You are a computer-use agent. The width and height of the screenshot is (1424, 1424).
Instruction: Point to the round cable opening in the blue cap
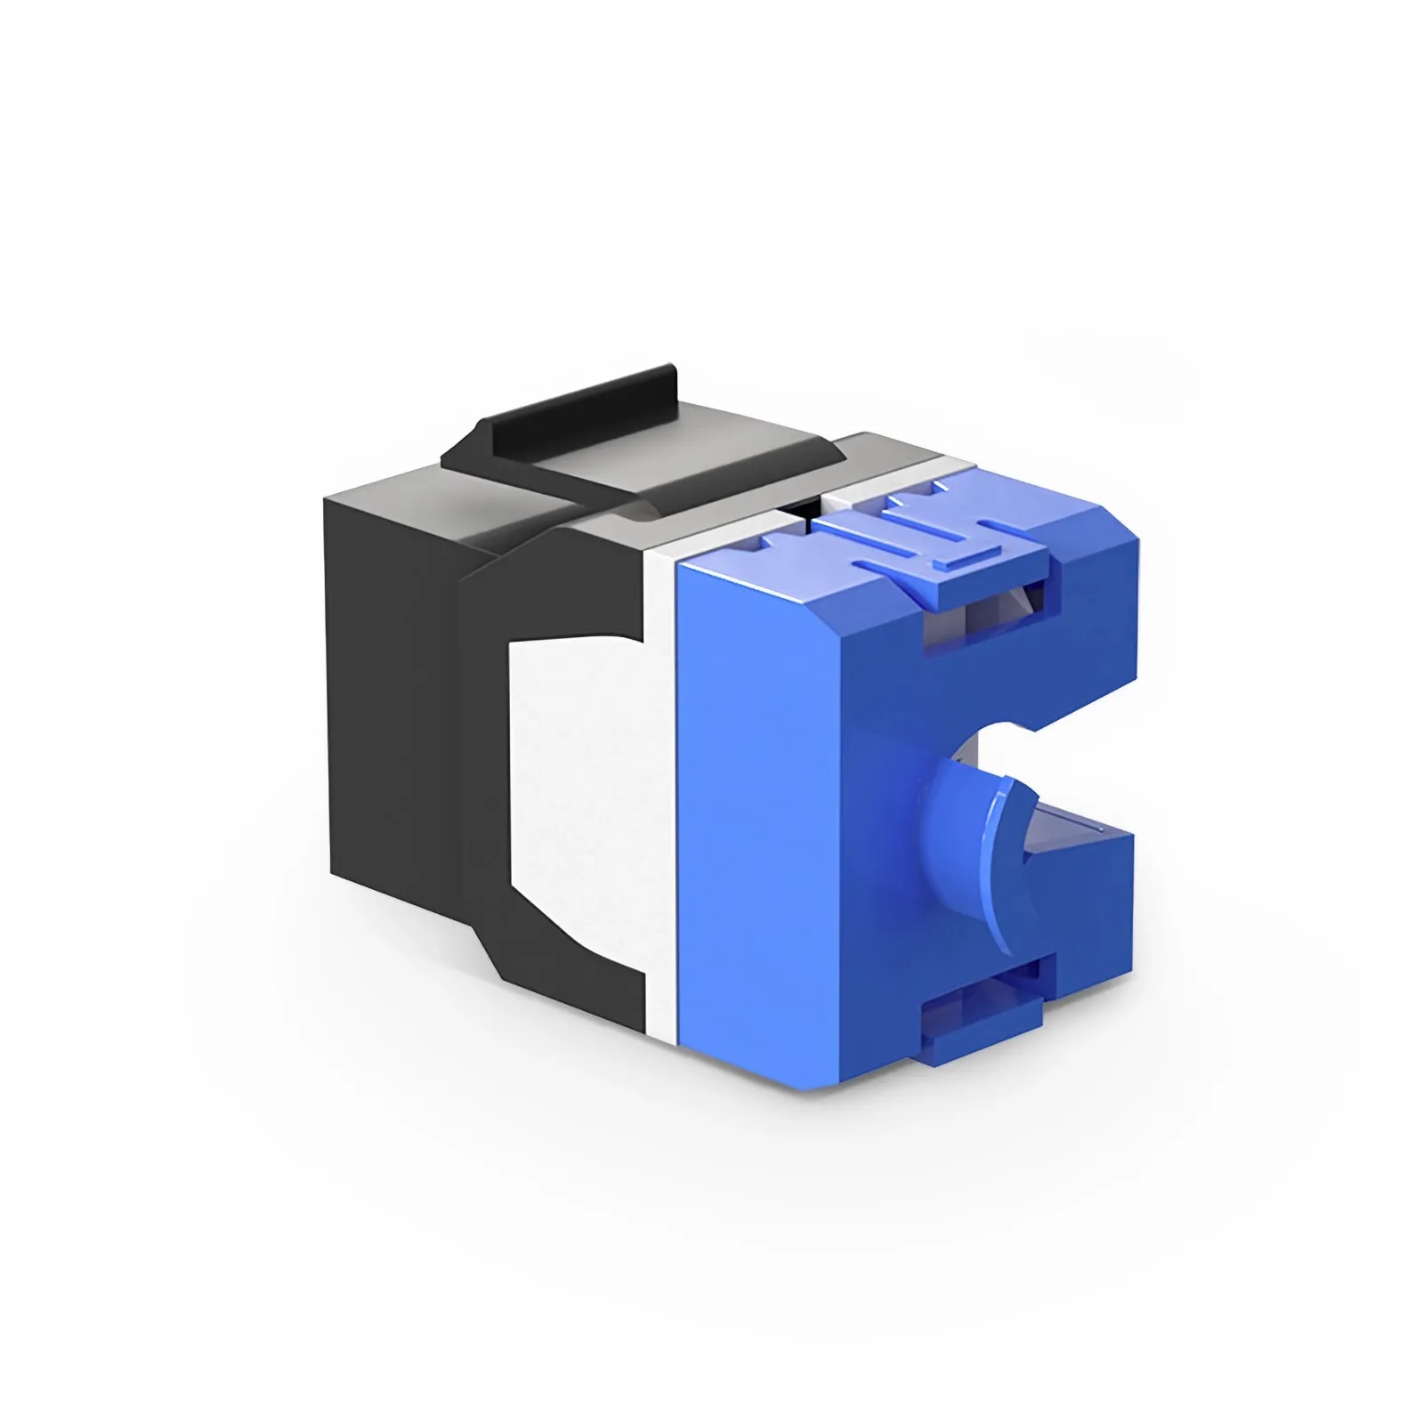(1015, 765)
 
